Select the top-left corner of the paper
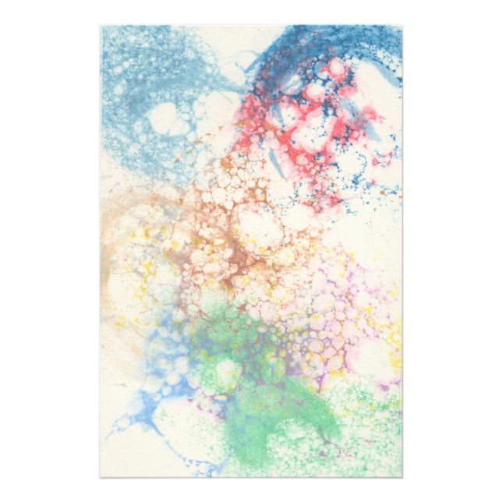[101, 26]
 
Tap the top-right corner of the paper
[402, 26]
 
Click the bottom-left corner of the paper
[101, 476]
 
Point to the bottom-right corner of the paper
[402, 476]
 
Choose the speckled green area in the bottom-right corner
[366, 444]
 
